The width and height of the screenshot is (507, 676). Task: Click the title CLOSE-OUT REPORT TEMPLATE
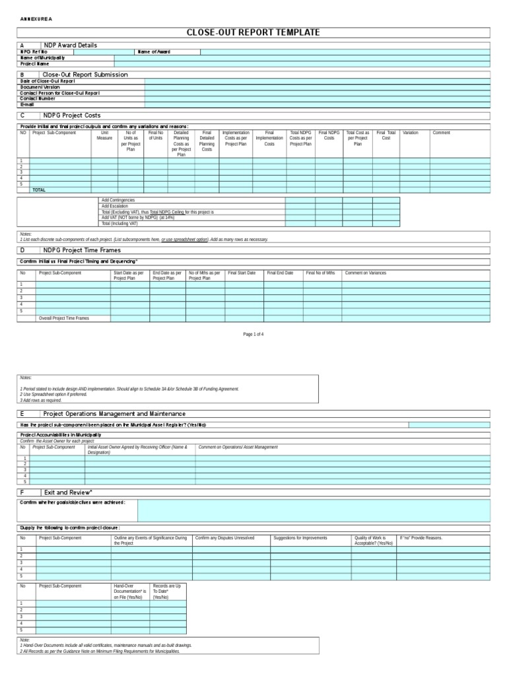(x=253, y=32)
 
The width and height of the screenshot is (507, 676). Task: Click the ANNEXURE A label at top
(x=35, y=18)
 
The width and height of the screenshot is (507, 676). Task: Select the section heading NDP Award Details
(x=70, y=45)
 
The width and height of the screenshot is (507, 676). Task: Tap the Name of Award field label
(x=154, y=51)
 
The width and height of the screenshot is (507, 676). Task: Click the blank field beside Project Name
(x=302, y=64)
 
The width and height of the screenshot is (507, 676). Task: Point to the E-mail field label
(x=27, y=104)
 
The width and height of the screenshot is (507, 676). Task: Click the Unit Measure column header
(x=104, y=135)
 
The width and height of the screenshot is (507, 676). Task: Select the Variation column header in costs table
(x=410, y=133)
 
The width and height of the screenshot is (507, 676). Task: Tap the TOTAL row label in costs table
(x=39, y=189)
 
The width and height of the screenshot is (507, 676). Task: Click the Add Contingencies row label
(x=119, y=200)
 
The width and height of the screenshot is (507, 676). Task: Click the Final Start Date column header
(x=242, y=273)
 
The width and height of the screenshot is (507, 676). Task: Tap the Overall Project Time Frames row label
(x=64, y=318)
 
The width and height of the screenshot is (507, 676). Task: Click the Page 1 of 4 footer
(x=253, y=335)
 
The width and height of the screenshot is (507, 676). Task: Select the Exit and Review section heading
(x=68, y=492)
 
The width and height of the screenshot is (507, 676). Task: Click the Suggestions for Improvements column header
(x=300, y=538)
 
